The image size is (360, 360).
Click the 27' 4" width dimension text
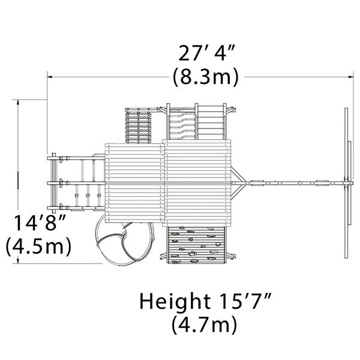click(206, 53)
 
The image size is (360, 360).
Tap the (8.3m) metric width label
click(206, 77)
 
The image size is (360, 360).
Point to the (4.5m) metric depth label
click(38, 247)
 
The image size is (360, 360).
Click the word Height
click(175, 301)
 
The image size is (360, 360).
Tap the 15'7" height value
click(246, 301)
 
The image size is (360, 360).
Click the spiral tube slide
click(124, 244)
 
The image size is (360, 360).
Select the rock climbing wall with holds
click(197, 245)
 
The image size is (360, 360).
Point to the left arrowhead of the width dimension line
click(50, 77)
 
